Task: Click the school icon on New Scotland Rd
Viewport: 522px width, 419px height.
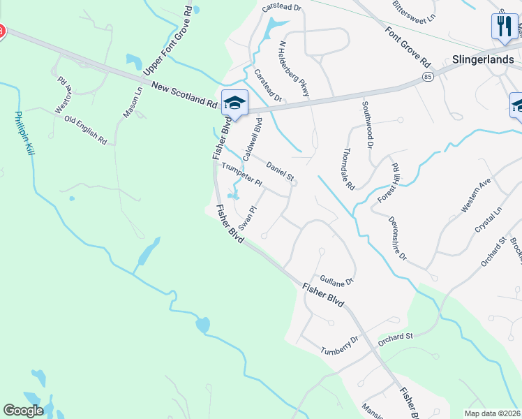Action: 234,104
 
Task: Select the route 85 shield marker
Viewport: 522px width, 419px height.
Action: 426,75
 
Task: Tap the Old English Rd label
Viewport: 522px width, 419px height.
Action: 85,130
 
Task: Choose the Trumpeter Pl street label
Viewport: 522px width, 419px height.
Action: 241,175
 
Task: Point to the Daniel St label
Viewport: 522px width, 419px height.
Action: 280,170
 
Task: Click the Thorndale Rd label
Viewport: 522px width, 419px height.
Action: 349,169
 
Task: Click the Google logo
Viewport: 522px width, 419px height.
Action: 23,411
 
